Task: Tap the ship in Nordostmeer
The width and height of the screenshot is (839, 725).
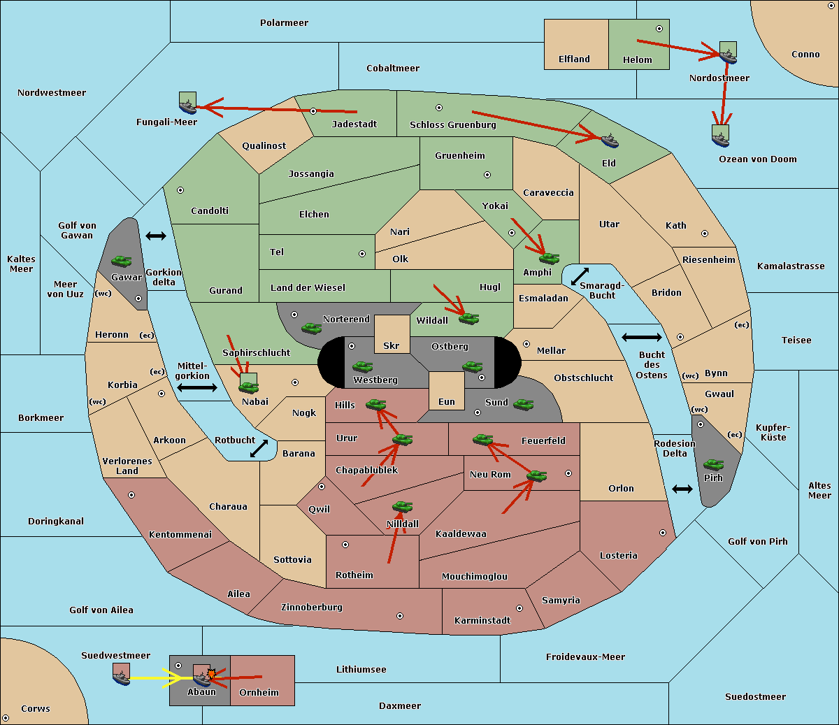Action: click(728, 55)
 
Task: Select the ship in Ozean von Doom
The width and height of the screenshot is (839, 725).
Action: click(720, 138)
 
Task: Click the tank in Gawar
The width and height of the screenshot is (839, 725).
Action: click(122, 261)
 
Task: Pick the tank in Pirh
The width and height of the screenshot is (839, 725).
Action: click(713, 465)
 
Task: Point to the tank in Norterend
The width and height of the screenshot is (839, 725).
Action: click(311, 327)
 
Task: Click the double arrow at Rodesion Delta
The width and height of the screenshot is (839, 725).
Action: click(682, 489)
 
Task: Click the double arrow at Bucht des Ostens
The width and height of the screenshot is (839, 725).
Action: click(641, 338)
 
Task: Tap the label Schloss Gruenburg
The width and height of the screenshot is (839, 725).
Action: click(452, 125)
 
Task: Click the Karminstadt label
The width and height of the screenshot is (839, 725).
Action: click(482, 621)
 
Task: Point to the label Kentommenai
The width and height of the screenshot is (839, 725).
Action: click(180, 535)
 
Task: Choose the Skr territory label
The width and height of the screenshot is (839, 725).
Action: click(391, 345)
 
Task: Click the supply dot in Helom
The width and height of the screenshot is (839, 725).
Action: click(659, 29)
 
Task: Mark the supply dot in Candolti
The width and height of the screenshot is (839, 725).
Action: click(180, 189)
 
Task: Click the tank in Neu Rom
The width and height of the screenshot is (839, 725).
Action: click(536, 476)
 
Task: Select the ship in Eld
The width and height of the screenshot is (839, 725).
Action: click(610, 141)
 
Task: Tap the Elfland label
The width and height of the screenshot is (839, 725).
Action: click(574, 59)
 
